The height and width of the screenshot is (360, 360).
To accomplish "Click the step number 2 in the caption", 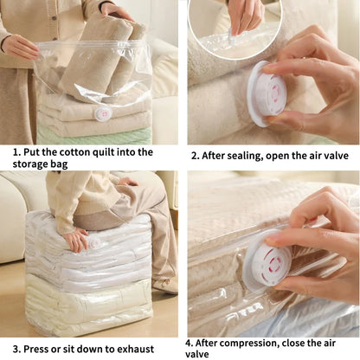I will point(194,157).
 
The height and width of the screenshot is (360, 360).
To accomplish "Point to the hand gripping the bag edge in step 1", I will point(19,47).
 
